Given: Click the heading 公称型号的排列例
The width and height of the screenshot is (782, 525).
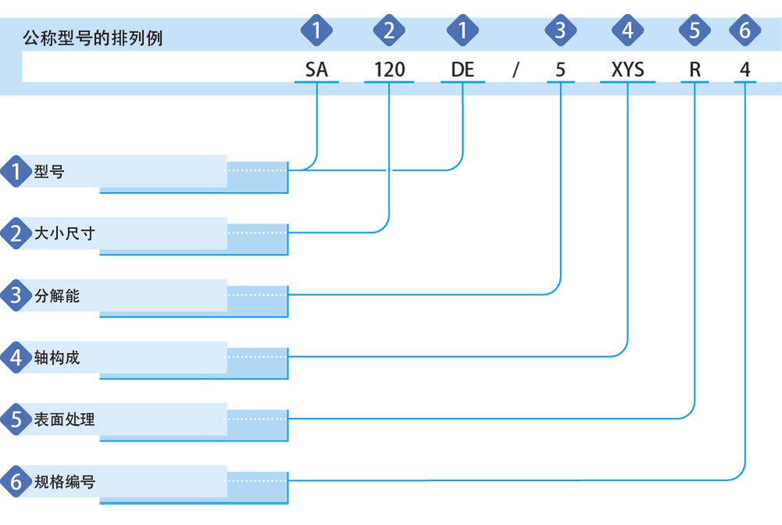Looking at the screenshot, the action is click(93, 38).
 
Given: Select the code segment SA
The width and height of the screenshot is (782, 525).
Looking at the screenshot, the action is click(317, 70).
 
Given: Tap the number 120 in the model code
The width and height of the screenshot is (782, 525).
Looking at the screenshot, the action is click(389, 70).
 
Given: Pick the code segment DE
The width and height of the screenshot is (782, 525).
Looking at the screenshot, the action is click(463, 70).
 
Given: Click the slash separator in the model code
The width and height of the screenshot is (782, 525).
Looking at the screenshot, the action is click(516, 70).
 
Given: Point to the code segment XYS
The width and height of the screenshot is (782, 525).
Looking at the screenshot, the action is click(627, 70).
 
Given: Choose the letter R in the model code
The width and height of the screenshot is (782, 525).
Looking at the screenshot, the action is click(694, 70).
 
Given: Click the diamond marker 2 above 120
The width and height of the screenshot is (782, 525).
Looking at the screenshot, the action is click(389, 30).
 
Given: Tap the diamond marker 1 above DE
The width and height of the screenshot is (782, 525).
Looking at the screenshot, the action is click(463, 30).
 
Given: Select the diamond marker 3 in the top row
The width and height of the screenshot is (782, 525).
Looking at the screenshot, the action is click(561, 30).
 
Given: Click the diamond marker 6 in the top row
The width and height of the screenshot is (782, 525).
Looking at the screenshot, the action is click(745, 30).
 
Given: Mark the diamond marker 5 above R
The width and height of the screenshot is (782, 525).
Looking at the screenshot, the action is click(694, 30).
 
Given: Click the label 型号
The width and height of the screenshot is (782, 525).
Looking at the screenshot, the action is click(48, 171).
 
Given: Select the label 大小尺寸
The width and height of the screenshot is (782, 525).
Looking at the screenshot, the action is click(64, 233).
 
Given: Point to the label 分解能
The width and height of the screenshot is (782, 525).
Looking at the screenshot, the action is click(57, 296).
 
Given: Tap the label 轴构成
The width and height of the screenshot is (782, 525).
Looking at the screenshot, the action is click(57, 358).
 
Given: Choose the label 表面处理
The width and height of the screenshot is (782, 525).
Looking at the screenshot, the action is click(64, 419).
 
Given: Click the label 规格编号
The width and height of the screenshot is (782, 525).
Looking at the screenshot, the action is click(64, 482).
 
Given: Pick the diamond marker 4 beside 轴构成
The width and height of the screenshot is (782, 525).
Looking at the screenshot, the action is click(16, 358).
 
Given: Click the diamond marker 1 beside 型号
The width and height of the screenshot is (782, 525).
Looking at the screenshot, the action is click(16, 171).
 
